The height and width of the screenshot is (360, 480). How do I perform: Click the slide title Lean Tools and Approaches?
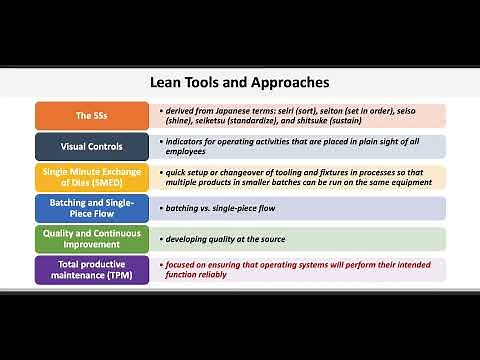(x=239, y=82)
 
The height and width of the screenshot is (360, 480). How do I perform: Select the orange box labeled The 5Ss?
(x=91, y=115)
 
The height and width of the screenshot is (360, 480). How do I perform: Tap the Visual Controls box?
(x=91, y=146)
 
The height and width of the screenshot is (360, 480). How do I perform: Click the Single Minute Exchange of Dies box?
(x=91, y=177)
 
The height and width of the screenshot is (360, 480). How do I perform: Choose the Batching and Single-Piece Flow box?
(x=91, y=208)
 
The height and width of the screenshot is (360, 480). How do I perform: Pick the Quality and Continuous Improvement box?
(x=91, y=239)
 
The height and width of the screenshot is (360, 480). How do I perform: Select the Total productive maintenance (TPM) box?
(x=91, y=269)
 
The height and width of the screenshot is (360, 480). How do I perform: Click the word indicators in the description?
(x=187, y=140)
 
